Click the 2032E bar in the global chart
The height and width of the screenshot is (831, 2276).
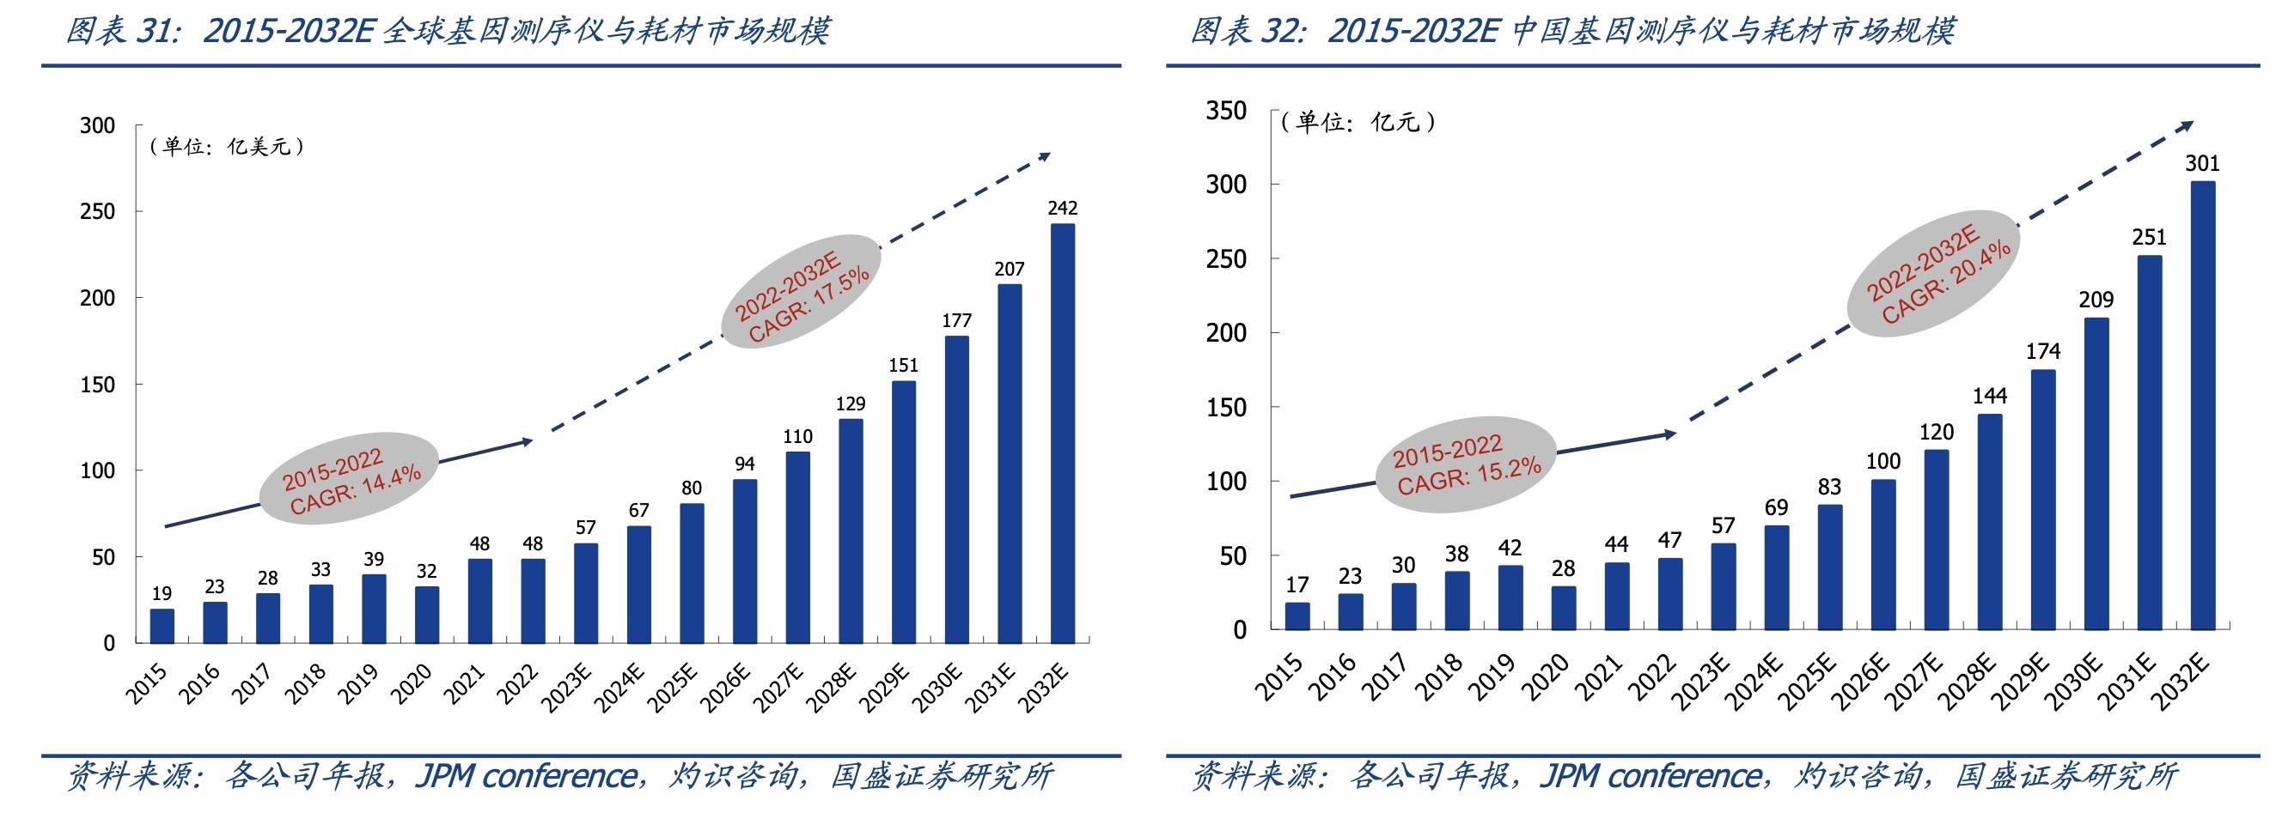(x=1062, y=433)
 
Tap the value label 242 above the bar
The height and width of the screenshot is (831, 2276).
(x=1062, y=209)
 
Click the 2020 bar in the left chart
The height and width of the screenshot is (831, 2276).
(x=427, y=615)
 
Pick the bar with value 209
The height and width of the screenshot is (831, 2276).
(x=2096, y=473)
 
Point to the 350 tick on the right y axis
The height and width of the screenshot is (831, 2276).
(x=1226, y=111)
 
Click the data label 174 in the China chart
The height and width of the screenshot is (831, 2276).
(x=2043, y=351)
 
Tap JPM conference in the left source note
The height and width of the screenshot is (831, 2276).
(x=525, y=776)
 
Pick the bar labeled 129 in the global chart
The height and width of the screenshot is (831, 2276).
(x=850, y=531)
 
